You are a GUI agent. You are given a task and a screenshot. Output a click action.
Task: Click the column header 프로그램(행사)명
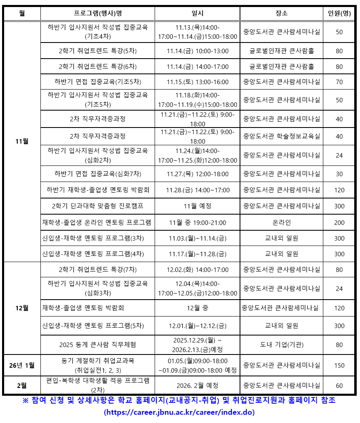pyautogui.click(x=98, y=13)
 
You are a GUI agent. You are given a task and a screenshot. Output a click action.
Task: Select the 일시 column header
pyautogui.click(x=198, y=13)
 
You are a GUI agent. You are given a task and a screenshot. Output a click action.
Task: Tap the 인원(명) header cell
pyautogui.click(x=339, y=13)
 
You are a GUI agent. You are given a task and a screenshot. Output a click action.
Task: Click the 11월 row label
pyautogui.click(x=22, y=141)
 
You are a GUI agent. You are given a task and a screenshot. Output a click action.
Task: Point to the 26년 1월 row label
pyautogui.click(x=22, y=365)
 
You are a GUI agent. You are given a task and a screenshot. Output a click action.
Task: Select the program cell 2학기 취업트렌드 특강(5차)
pyautogui.click(x=98, y=51)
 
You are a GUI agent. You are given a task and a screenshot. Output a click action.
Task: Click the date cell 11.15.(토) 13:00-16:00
pyautogui.click(x=198, y=82)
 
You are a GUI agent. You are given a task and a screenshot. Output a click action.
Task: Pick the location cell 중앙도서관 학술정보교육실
pyautogui.click(x=282, y=136)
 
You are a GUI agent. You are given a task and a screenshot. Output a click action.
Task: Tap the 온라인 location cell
pyautogui.click(x=282, y=222)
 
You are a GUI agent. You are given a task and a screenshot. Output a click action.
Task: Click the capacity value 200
pyautogui.click(x=339, y=222)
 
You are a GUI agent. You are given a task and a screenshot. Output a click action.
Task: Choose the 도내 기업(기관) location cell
pyautogui.click(x=282, y=345)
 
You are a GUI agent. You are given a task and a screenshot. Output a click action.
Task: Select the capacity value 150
pyautogui.click(x=339, y=365)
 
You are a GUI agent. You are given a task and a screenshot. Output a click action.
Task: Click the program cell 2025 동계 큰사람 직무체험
pyautogui.click(x=98, y=345)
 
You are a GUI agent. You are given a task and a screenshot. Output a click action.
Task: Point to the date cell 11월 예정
pyautogui.click(x=198, y=206)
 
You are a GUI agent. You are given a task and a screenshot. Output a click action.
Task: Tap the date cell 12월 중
pyautogui.click(x=198, y=308)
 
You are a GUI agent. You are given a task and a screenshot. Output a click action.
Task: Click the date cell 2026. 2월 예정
pyautogui.click(x=198, y=385)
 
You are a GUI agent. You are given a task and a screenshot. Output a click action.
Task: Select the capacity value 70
pyautogui.click(x=339, y=82)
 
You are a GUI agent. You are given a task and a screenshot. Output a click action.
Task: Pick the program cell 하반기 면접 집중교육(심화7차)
pyautogui.click(x=98, y=174)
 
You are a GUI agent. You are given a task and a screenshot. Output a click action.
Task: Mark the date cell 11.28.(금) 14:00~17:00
pyautogui.click(x=198, y=190)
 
